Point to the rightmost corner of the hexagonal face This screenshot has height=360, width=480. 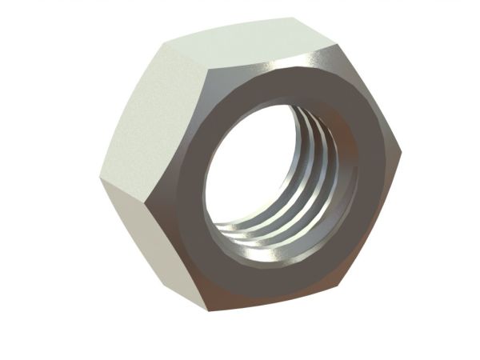400,152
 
